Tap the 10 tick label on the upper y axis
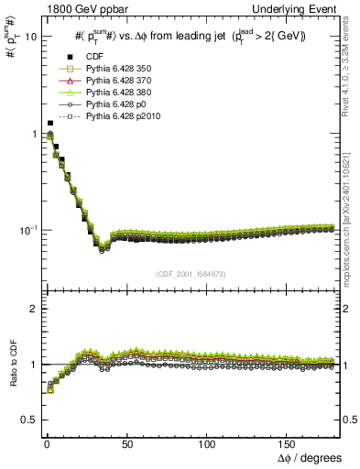(29, 38)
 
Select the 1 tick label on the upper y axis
(32, 134)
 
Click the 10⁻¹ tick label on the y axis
(27, 230)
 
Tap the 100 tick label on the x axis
(207, 442)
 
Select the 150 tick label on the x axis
(288, 442)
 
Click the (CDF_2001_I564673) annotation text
(191, 273)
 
